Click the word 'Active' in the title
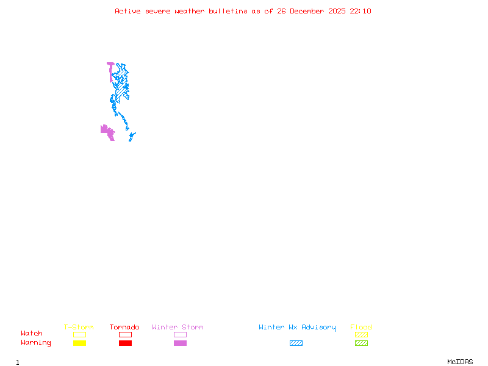coord(128,11)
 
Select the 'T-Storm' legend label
coord(79,327)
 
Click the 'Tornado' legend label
coord(124,327)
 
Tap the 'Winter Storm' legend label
coord(178,327)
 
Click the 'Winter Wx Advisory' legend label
coord(297,327)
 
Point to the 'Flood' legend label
coord(361,327)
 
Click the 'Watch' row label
coord(32,334)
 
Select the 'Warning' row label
coord(36,343)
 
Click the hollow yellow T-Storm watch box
coord(79,334)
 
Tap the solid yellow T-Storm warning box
coord(79,343)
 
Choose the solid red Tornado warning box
coord(125,343)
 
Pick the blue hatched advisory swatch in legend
coord(296,343)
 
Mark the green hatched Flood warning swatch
coord(361,343)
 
